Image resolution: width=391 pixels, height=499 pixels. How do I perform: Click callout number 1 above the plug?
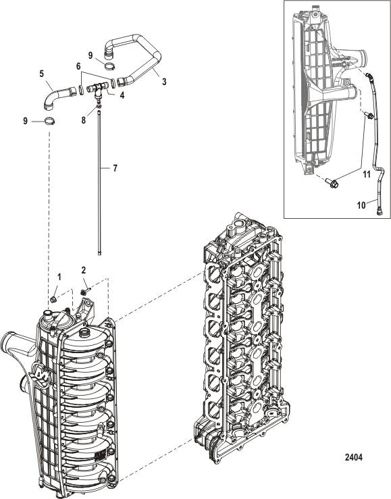point(59,278)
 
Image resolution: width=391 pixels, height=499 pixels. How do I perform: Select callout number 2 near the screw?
point(83,270)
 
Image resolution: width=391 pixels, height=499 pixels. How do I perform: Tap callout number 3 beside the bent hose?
point(164,82)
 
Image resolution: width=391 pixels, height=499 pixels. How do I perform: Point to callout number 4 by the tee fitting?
point(122,95)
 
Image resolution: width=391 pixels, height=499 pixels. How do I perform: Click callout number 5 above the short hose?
point(42,74)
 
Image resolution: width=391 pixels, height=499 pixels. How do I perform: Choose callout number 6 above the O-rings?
point(78,67)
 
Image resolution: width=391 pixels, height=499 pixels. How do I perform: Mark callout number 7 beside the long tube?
point(115,167)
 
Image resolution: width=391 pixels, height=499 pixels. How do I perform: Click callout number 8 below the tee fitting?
point(83,120)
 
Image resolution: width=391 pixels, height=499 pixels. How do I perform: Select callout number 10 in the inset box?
point(361,205)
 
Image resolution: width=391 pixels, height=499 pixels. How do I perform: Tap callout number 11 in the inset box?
point(367,174)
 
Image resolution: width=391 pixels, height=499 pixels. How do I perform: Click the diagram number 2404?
point(354,457)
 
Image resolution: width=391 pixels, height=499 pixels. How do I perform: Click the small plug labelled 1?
point(53,298)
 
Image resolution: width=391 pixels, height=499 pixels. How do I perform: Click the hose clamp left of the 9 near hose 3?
point(110,66)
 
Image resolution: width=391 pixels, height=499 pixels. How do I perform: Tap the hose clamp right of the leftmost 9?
point(49,121)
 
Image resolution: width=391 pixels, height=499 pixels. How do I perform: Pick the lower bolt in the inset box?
point(332,183)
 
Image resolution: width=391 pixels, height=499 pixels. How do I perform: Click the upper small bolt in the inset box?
point(369,115)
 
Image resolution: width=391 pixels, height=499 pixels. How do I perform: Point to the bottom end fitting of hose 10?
point(380,211)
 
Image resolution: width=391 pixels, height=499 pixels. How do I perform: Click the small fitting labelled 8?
point(99,105)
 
